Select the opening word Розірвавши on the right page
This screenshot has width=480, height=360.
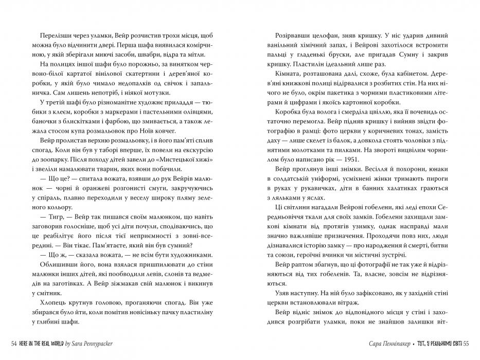(x=291, y=35)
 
